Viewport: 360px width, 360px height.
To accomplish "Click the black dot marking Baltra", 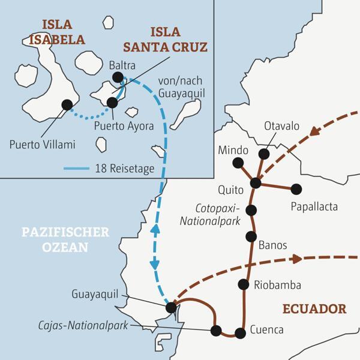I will [x=118, y=77].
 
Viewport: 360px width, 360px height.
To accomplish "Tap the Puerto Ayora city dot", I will [x=112, y=103].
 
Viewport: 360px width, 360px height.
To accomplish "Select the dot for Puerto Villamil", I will [x=67, y=105].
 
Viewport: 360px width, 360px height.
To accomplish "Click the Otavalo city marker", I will [x=264, y=154].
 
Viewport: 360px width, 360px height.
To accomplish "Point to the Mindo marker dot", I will [x=238, y=162].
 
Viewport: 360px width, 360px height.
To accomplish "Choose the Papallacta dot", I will [x=296, y=189].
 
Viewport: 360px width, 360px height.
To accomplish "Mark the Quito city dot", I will [x=256, y=183].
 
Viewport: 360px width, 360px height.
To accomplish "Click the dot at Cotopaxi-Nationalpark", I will [x=251, y=210].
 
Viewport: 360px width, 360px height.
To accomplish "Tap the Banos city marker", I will [x=251, y=236].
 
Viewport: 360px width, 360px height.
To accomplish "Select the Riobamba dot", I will [x=244, y=284].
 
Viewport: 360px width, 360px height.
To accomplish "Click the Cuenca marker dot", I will [x=240, y=332].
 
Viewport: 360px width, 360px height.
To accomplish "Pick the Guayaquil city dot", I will [x=172, y=307].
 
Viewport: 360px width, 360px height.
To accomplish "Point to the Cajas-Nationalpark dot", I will [x=216, y=330].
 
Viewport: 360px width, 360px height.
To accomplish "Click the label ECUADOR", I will [x=314, y=309].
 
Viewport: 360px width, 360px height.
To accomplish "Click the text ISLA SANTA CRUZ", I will [x=178, y=38].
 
